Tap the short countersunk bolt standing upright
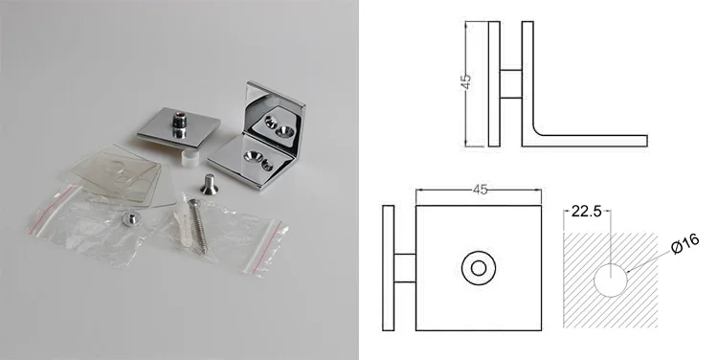click(210, 184)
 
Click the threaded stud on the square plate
click(179, 124)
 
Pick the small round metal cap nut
click(129, 219)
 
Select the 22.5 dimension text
click(586, 212)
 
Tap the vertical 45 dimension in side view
click(466, 81)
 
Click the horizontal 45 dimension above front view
click(480, 190)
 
